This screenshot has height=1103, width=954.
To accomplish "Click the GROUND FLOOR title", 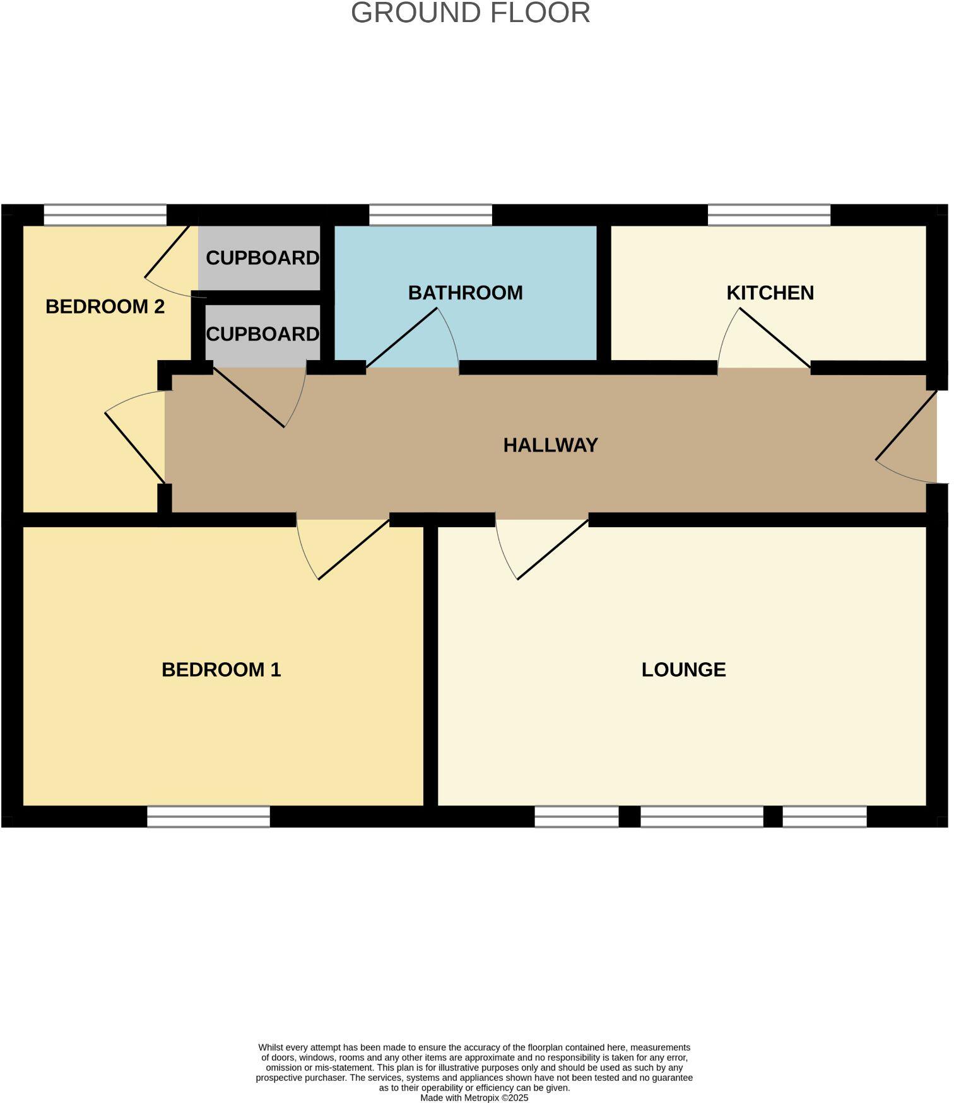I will [470, 13].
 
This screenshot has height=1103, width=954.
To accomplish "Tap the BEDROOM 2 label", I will [105, 307].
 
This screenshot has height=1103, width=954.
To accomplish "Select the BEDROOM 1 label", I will [221, 670].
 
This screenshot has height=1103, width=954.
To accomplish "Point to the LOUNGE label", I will [683, 670].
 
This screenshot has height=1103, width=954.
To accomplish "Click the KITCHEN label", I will [770, 293].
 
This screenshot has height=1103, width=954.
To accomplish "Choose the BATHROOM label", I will [465, 293].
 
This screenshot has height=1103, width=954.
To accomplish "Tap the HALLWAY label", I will [550, 446].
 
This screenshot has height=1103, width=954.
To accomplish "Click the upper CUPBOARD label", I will [262, 258].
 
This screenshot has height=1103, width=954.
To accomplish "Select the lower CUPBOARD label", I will [262, 334].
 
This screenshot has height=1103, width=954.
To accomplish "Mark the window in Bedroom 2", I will [105, 215].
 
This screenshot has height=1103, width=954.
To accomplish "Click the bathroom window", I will [430, 215].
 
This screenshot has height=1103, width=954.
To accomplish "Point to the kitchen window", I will [768, 215].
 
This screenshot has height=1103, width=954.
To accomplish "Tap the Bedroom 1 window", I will [208, 817].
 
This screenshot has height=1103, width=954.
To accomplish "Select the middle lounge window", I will [702, 817].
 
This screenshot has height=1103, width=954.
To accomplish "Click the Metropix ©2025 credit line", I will [474, 1098].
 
